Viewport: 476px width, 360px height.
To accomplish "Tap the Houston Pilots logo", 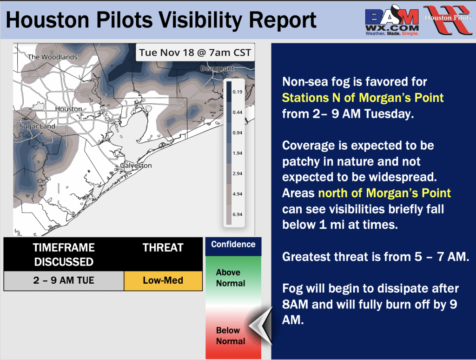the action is (x=448, y=20).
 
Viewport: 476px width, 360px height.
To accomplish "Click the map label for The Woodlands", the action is (x=53, y=57).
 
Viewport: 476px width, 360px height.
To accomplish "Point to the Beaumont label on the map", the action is (x=218, y=68).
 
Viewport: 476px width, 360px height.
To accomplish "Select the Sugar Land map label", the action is (x=37, y=127).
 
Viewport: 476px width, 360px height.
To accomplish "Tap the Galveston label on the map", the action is (x=136, y=166).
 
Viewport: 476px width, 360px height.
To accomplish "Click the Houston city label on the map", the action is (x=69, y=109).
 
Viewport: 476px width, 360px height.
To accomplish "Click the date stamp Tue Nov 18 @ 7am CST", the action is (x=195, y=53).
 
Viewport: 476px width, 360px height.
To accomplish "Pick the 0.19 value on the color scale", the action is (x=238, y=92).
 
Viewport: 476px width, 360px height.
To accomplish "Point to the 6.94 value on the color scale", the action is (x=238, y=214).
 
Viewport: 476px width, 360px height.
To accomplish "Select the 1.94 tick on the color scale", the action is (x=238, y=153).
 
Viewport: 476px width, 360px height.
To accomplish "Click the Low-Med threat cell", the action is (x=163, y=280).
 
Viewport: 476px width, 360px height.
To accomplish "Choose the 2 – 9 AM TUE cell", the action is (x=64, y=280).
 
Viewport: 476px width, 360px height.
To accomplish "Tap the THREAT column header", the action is (x=163, y=247).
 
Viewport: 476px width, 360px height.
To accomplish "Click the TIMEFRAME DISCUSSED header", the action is (x=64, y=254).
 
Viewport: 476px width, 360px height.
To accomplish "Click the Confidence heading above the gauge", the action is (x=233, y=244).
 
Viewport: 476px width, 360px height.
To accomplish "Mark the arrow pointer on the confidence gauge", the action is (x=261, y=326).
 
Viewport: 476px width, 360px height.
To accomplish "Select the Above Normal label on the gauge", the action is (x=231, y=278).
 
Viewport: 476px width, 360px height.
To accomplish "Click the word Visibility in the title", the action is (x=201, y=20).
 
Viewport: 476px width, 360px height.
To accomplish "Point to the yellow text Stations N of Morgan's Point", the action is (x=363, y=98).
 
